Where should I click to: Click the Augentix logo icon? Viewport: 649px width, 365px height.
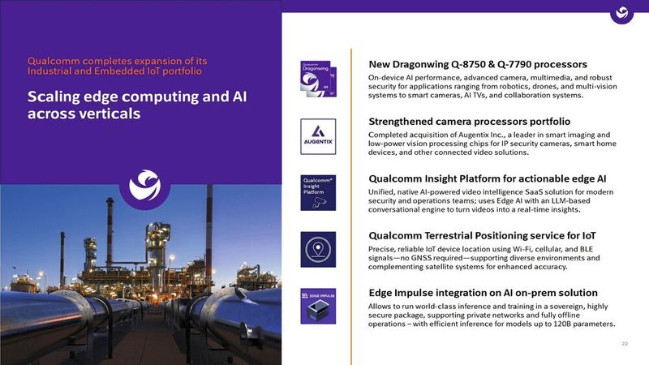pos(317,135)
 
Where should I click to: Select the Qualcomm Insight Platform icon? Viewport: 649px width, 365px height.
pos(317,192)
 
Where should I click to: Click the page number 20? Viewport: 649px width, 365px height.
pos(624,344)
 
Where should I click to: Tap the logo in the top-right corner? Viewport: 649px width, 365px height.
pos(622,13)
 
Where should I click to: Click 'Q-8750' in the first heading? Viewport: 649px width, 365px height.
pos(483,63)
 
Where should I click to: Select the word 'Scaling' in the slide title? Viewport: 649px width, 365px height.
pos(54,97)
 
